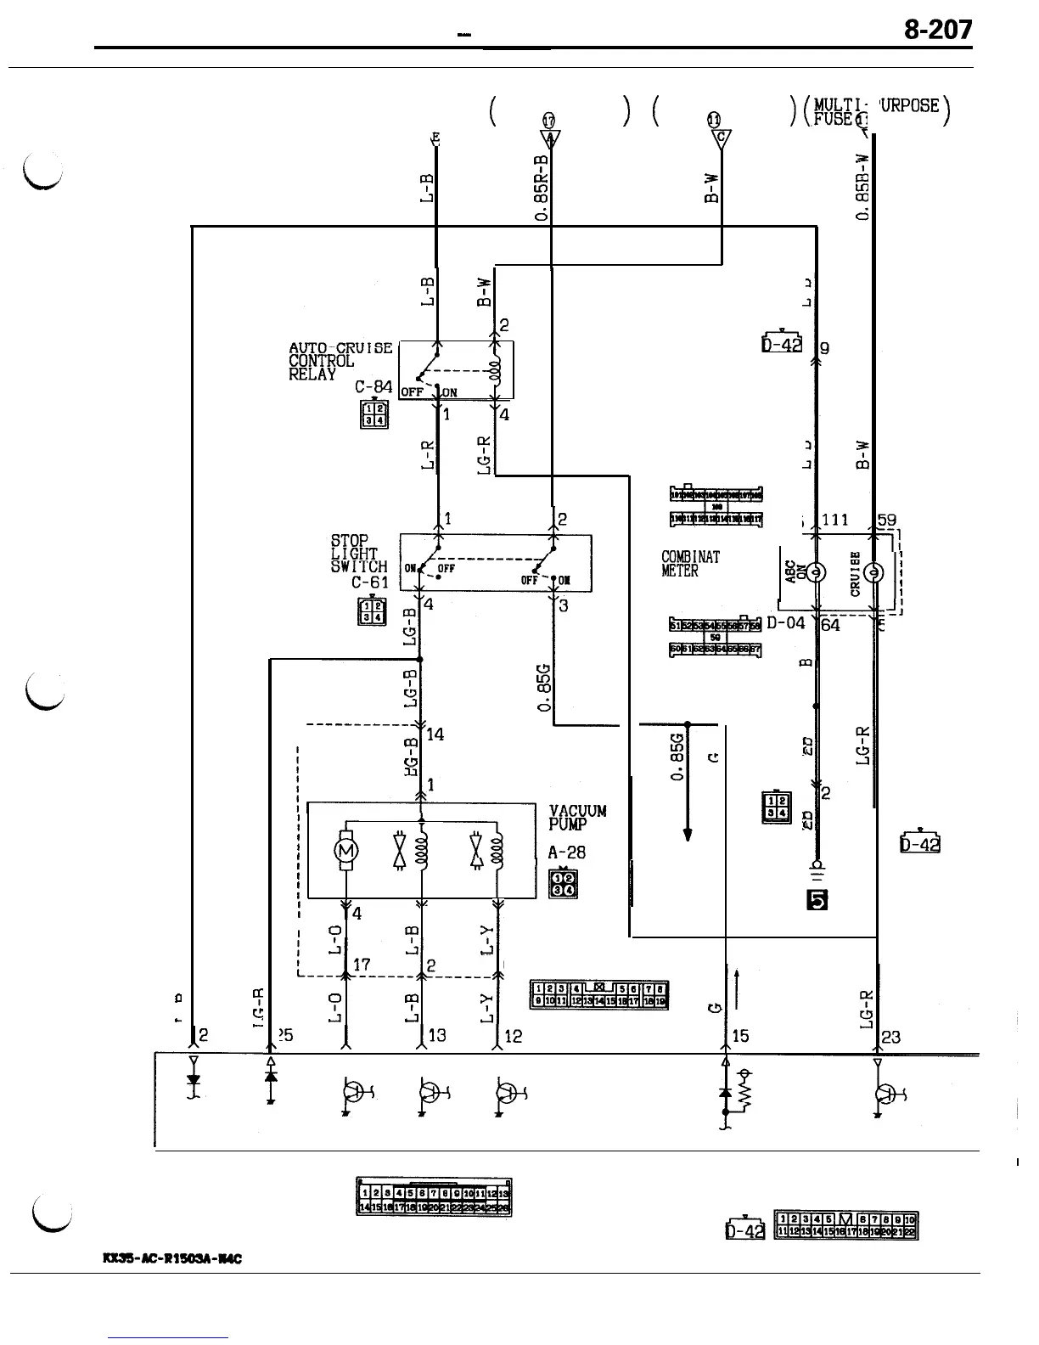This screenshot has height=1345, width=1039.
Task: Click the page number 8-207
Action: (937, 31)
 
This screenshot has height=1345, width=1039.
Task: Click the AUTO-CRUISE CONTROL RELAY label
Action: (340, 361)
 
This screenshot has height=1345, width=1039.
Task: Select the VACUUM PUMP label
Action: (577, 817)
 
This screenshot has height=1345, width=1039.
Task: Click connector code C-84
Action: (373, 387)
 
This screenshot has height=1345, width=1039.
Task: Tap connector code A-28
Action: (566, 853)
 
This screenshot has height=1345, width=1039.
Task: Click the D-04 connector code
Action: (785, 623)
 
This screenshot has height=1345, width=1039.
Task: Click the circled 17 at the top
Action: (548, 121)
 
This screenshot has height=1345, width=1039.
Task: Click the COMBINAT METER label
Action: (690, 564)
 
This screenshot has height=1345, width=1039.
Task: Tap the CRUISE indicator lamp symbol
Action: (876, 571)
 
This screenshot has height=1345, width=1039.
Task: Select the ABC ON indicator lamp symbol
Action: (815, 571)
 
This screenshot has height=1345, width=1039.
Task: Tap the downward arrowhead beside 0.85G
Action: (688, 834)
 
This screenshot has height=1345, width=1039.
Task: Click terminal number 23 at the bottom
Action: (891, 1036)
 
